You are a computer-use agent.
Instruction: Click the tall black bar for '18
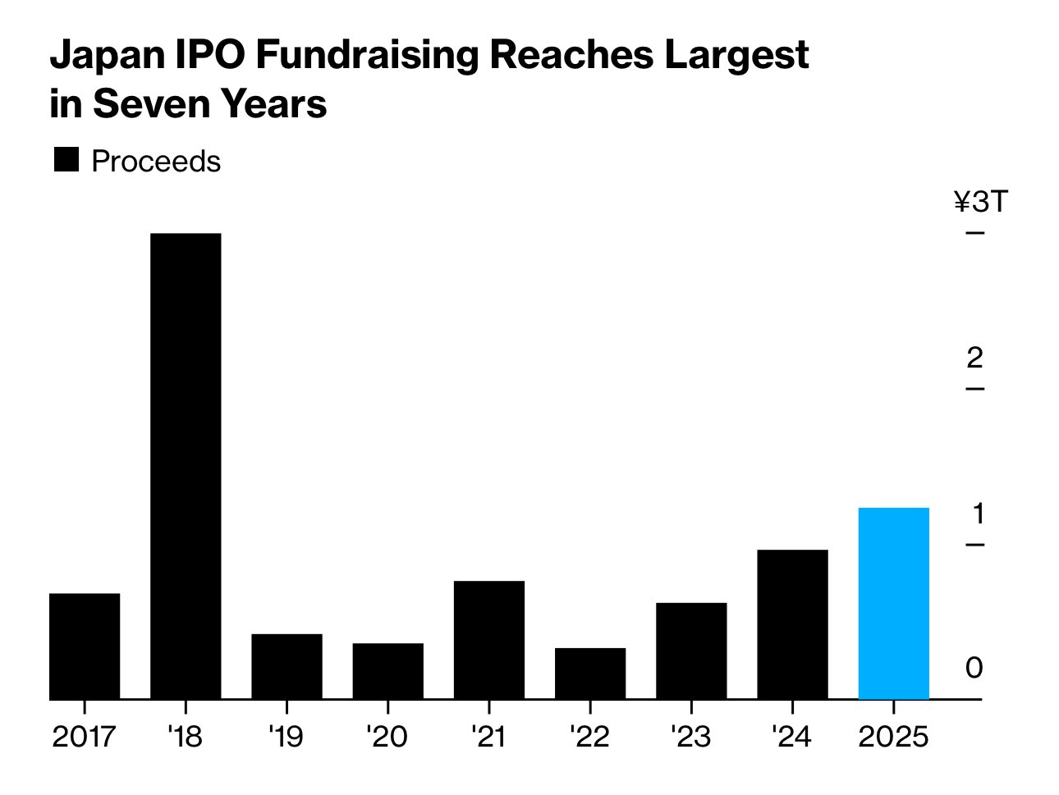[186, 466]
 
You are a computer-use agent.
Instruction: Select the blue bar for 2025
[893, 603]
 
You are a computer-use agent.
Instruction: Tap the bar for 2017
[85, 646]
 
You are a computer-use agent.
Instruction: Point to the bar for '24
[792, 624]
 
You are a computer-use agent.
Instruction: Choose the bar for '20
[388, 670]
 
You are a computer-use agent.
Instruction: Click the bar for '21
[489, 639]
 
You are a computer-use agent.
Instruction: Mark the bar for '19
[287, 666]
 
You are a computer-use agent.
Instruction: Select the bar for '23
[691, 651]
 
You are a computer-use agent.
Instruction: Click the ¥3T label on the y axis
[980, 201]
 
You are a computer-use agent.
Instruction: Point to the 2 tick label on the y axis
[974, 358]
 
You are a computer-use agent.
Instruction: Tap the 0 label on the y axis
[974, 668]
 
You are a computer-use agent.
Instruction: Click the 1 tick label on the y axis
[977, 514]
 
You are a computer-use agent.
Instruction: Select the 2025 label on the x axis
[893, 737]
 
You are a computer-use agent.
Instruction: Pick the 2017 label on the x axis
[85, 737]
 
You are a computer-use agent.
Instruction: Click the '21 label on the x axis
[489, 737]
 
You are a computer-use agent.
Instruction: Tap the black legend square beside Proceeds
[66, 160]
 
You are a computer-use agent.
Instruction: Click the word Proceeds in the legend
[156, 162]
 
